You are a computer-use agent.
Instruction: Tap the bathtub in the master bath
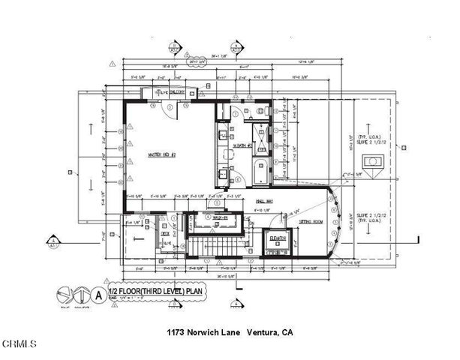click(260, 171)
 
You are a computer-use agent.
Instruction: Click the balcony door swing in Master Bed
click(171, 109)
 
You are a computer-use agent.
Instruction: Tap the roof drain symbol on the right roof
click(370, 161)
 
